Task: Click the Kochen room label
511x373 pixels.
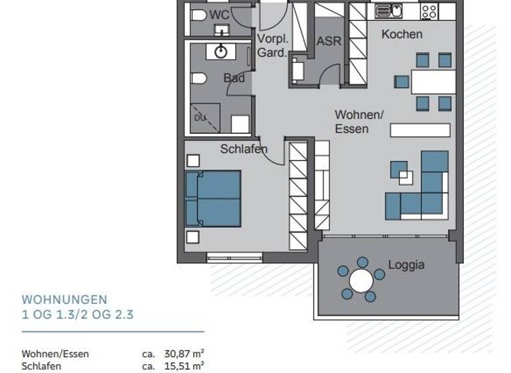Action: [401, 34]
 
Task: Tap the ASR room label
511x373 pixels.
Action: [329, 41]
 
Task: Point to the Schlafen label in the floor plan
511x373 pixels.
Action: [244, 149]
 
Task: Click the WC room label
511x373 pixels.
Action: [219, 15]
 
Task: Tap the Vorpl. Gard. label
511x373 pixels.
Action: [271, 45]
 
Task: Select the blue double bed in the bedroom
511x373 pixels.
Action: [213, 198]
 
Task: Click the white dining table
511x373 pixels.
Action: [433, 82]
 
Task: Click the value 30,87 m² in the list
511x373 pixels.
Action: [184, 354]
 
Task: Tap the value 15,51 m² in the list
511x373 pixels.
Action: [184, 366]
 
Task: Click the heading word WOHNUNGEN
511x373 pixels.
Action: [65, 300]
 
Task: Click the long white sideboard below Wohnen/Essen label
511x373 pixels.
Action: [419, 130]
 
